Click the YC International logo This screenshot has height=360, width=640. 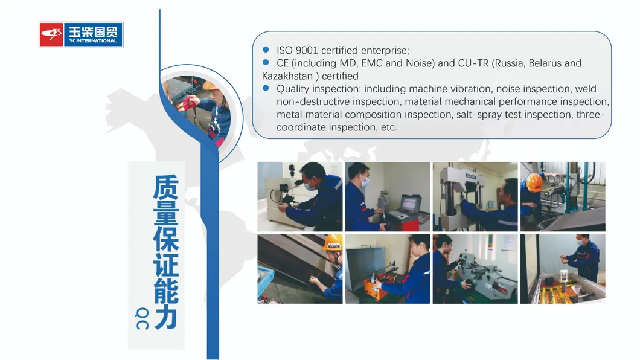click(x=82, y=34)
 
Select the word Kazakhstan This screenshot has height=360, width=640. click(x=287, y=76)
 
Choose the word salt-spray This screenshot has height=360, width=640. click(x=479, y=115)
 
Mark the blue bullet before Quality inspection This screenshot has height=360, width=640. click(x=266, y=88)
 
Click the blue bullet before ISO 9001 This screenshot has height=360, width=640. click(x=266, y=50)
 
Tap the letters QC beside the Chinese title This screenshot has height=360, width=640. click(x=142, y=319)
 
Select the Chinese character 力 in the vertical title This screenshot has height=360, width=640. click(x=165, y=317)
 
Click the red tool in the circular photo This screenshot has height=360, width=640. click(x=188, y=101)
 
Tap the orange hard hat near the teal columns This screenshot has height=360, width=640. click(x=534, y=182)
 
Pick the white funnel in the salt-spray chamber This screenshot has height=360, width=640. click(x=577, y=290)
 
